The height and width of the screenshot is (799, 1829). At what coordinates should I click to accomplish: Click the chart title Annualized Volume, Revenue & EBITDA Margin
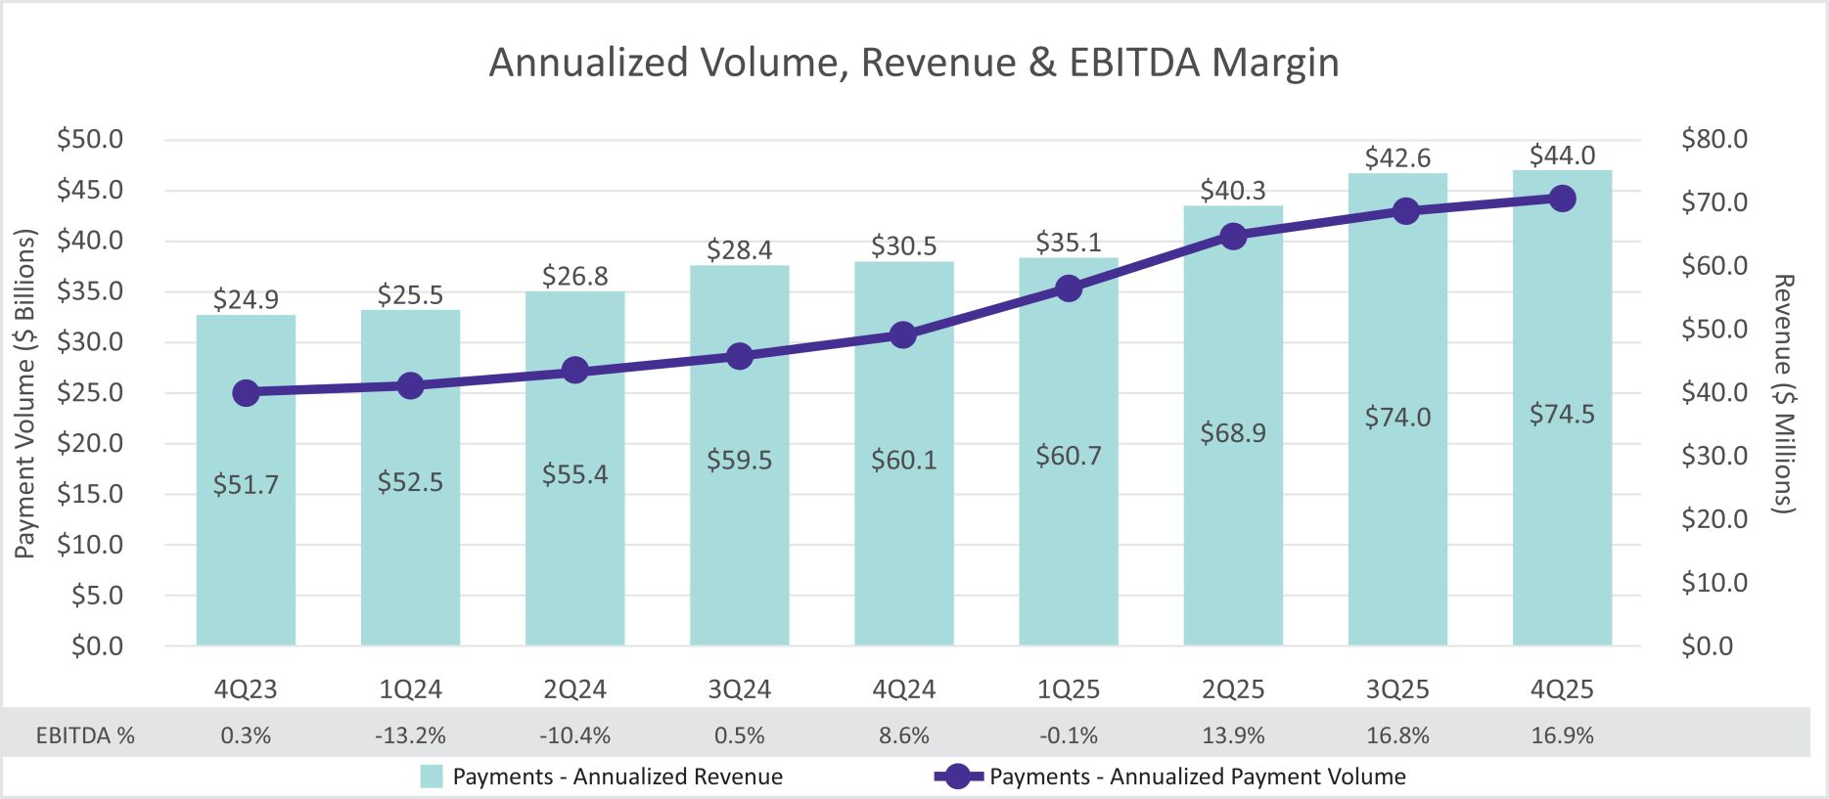point(913,63)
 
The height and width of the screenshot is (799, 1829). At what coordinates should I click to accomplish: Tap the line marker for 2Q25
point(1233,237)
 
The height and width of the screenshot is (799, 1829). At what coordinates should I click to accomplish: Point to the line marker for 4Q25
point(1562,199)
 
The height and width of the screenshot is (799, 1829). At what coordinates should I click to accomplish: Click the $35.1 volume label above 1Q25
point(1068,243)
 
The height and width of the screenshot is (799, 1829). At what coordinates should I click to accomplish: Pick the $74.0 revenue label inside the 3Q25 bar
point(1397,418)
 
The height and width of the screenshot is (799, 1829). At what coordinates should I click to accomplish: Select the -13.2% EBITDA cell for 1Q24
point(410,735)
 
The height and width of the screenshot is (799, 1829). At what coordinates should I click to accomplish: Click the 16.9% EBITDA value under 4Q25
point(1562,735)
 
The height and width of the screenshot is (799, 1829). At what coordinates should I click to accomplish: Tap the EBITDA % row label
point(85,735)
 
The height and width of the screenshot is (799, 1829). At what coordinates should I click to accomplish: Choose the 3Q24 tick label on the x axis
point(739,689)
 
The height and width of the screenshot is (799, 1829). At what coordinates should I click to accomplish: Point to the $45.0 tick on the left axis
point(90,190)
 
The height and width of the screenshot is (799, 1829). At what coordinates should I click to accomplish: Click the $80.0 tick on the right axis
point(1714,139)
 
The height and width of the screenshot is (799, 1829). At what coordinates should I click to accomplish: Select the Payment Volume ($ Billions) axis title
point(25,393)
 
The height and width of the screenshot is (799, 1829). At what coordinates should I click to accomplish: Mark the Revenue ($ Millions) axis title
point(1784,393)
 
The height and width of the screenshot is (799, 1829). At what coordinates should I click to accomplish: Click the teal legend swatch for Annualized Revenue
point(432,777)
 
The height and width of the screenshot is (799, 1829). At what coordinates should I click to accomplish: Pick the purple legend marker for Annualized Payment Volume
point(958,777)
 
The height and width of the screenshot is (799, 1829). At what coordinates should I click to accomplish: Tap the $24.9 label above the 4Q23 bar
point(246,299)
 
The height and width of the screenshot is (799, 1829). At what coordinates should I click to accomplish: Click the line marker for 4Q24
point(903,335)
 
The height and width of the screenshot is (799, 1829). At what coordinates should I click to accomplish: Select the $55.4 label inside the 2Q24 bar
point(574,475)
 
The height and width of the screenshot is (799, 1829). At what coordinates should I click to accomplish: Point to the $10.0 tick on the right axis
point(1714,583)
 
